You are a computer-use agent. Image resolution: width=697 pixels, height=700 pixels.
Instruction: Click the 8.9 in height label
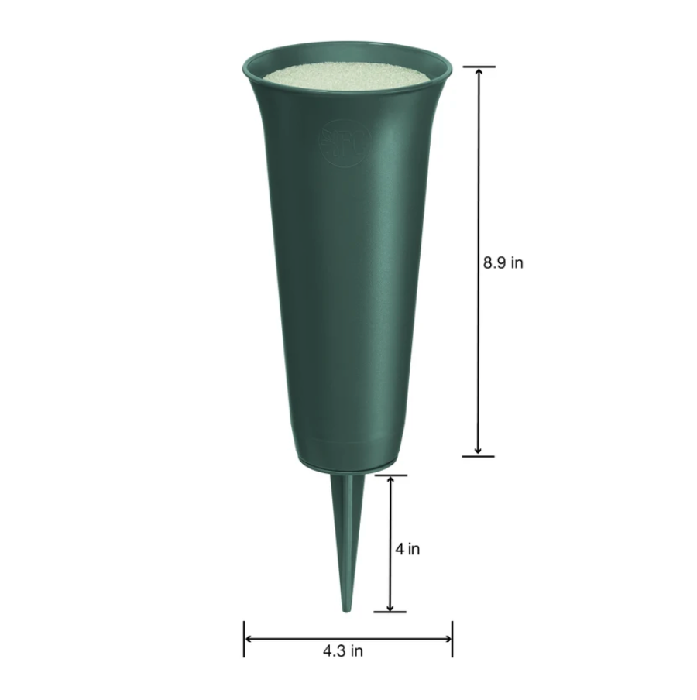click(503, 262)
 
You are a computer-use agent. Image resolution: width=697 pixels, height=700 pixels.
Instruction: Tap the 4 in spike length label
click(407, 549)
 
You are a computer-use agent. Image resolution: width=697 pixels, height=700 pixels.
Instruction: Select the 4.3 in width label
click(343, 650)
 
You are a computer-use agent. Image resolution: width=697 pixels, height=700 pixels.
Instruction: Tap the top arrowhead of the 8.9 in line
click(479, 71)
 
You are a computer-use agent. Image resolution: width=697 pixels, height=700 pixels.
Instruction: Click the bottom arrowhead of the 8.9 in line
click(479, 451)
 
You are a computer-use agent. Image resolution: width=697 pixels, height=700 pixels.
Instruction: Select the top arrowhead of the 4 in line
click(390, 480)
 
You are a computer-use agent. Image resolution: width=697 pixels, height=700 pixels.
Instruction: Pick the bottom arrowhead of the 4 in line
click(390, 607)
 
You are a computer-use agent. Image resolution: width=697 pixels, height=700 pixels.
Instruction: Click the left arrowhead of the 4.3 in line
click(249, 639)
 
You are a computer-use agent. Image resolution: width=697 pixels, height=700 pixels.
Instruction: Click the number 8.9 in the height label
click(494, 262)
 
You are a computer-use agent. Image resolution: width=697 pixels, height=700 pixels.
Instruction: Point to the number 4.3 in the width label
click(334, 650)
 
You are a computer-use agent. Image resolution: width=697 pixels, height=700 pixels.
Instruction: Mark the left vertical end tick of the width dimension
click(244, 639)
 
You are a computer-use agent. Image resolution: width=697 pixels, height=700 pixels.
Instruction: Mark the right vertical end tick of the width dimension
click(452, 639)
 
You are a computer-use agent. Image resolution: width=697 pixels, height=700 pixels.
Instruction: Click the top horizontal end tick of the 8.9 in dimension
click(479, 67)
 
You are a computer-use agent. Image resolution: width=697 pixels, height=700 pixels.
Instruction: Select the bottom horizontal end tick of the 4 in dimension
click(390, 612)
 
